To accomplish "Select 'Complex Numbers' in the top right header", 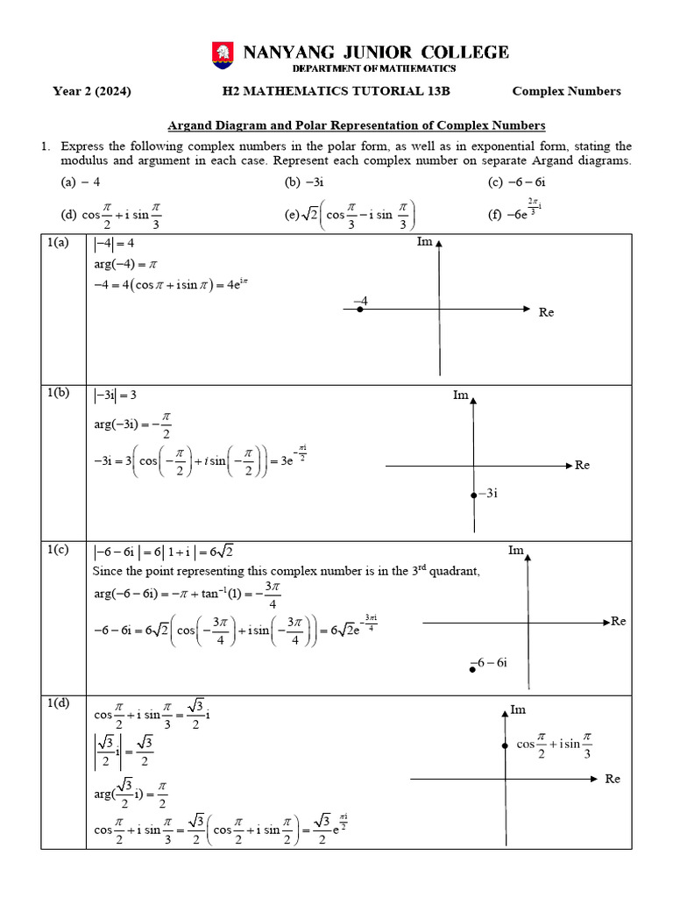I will pos(566,91).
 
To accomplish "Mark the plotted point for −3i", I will pos(473,494).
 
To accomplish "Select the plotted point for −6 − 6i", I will pos(472,669).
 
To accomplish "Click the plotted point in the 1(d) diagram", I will pos(505,745).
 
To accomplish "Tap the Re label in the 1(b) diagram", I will pos(583,465).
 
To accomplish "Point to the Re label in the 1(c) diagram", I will pos(619,621).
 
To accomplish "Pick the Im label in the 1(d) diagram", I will pos(518,709).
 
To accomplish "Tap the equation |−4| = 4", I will pos(114,243).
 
